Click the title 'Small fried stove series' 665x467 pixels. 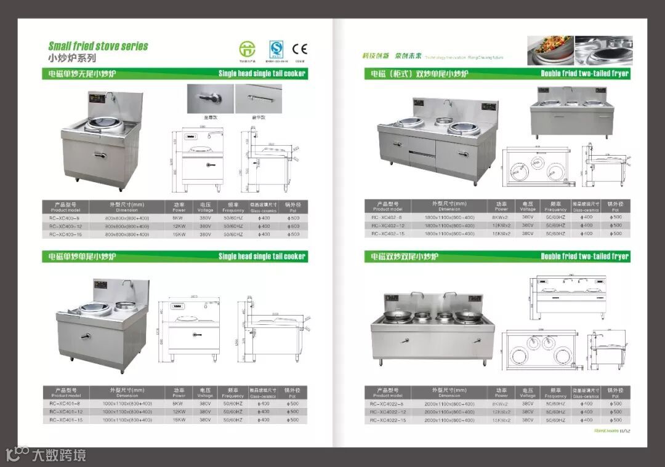coord(98,46)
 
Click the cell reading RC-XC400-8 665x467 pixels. coord(65,218)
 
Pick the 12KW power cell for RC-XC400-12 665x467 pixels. coord(179,226)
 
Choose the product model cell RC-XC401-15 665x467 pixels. coord(66,420)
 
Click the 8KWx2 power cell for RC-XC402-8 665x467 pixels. coord(500,217)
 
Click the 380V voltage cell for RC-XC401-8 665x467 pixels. coord(205,404)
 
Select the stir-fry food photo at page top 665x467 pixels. coord(550,50)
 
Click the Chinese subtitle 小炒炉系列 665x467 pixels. coord(72,58)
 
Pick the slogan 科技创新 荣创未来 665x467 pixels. coord(392,56)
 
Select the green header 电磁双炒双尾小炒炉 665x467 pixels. coord(403,256)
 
